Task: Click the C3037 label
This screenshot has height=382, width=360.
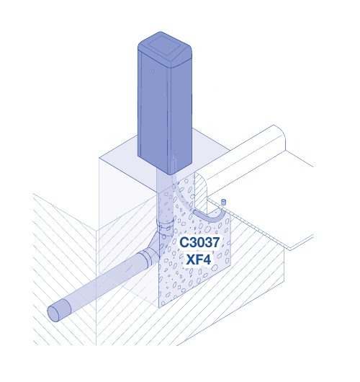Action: point(199,242)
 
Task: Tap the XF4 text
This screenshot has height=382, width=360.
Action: point(199,259)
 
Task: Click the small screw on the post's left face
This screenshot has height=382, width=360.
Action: point(153,71)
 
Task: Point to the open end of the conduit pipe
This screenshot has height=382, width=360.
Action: point(53,314)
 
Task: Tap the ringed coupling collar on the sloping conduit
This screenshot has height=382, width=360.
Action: point(145,258)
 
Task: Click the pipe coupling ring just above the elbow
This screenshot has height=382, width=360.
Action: point(166,223)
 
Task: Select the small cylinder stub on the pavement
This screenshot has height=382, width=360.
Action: point(223,202)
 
